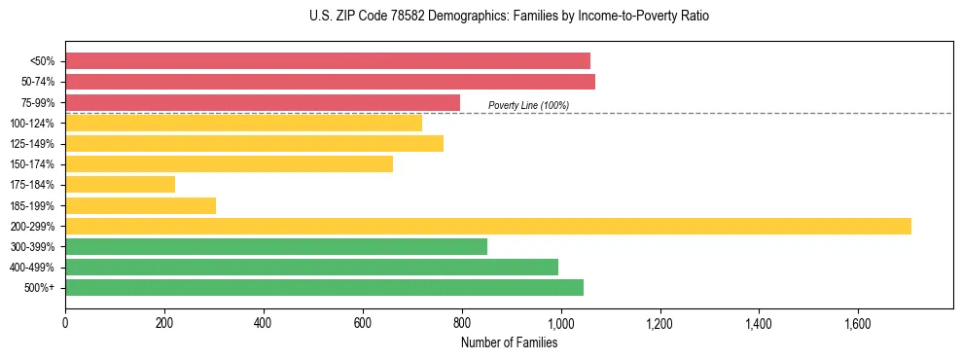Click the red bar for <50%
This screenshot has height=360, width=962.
[x=328, y=61]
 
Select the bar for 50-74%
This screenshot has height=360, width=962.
[x=330, y=82]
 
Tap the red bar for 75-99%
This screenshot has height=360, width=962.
[x=263, y=102]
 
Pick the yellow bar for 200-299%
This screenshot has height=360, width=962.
[x=488, y=226]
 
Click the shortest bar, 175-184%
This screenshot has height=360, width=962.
[x=121, y=184]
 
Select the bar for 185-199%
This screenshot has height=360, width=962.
[x=141, y=205]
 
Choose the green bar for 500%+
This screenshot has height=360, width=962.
[x=324, y=287]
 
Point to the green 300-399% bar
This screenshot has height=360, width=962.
[x=276, y=246]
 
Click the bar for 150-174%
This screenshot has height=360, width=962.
[x=230, y=163]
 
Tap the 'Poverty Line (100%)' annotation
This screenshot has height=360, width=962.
[x=528, y=105]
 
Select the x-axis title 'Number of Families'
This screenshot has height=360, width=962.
[x=509, y=342]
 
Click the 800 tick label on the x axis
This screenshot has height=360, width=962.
[x=461, y=322]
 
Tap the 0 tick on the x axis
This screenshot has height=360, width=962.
[x=65, y=322]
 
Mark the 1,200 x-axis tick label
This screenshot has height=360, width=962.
[x=659, y=322]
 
